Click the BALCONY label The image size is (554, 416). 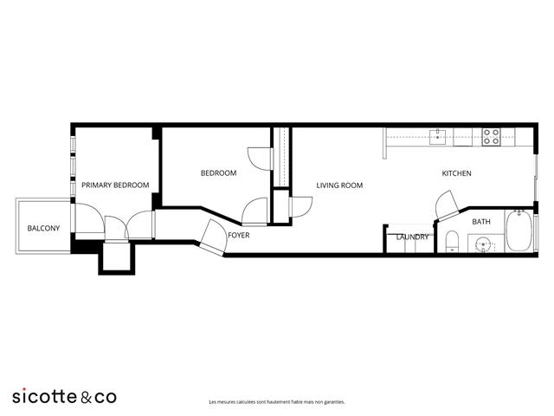(x=43, y=228)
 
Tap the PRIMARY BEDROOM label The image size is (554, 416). (x=115, y=185)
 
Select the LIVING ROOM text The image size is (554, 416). (x=339, y=185)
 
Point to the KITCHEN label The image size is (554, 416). (x=456, y=173)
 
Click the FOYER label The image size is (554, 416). (x=239, y=235)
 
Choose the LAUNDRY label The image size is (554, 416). (x=412, y=237)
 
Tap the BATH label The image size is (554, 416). (x=481, y=222)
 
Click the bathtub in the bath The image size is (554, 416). (x=519, y=231)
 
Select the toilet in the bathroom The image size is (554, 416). (x=452, y=241)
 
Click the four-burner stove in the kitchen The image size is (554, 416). (x=492, y=137)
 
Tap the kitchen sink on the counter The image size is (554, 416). (x=438, y=137)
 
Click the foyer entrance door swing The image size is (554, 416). (x=214, y=237)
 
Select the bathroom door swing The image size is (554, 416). (x=446, y=205)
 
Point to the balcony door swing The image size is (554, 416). (x=90, y=218)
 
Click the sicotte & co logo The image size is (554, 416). (x=64, y=397)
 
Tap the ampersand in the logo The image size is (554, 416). (x=86, y=397)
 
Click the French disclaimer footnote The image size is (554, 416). (x=277, y=402)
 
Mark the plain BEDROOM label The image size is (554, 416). (x=218, y=173)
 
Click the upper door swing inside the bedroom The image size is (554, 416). (x=260, y=159)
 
